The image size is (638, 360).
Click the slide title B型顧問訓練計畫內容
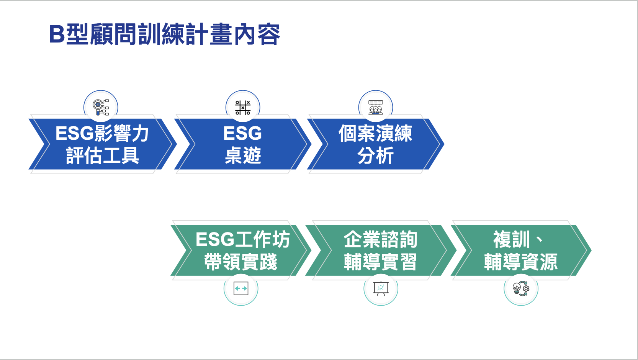point(165,34)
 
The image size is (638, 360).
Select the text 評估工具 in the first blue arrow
point(103,155)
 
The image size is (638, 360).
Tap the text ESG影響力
point(102,133)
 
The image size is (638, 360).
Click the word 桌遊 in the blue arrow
point(243,155)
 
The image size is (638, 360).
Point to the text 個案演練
point(375,133)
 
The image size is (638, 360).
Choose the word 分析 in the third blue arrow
point(375,155)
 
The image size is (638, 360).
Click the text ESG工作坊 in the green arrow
point(243,239)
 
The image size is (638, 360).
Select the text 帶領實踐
point(240,262)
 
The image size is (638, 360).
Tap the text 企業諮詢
point(381,239)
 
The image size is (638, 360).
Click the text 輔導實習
point(381,262)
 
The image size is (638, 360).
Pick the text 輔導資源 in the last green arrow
point(521,262)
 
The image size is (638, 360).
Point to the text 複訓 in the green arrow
point(512,239)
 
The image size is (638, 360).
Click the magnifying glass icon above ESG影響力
point(101,107)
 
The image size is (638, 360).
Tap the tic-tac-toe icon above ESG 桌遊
point(243,108)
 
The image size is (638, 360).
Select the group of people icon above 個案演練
point(376,107)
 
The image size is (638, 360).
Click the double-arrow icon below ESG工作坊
point(241,288)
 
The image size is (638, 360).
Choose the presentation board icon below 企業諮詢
point(381,288)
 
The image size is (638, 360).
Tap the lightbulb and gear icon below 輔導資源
point(521,288)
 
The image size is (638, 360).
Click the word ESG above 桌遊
point(243,133)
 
